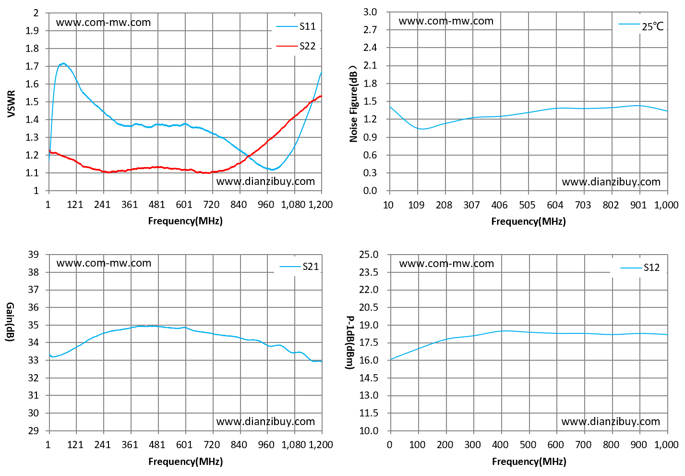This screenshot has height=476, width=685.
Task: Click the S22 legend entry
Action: coord(296,46)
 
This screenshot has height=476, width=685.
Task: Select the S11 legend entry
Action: coord(296,26)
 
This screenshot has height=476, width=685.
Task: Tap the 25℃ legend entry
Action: coord(641,26)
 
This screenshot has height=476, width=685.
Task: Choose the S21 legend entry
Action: coord(299,267)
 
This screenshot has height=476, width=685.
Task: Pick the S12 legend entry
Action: coord(640,268)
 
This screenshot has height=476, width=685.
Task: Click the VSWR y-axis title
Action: coord(11,103)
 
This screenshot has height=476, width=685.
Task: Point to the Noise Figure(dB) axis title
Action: coord(353,104)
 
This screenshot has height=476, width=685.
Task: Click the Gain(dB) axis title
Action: coord(11,322)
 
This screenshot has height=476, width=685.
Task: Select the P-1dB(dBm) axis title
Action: coord(350,342)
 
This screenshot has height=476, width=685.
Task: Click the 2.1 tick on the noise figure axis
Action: coord(370,65)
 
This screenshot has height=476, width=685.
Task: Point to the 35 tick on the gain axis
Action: coord(33,325)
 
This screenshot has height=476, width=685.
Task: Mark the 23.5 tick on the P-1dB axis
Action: coord(369,272)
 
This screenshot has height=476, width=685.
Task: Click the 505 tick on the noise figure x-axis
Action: coord(527,205)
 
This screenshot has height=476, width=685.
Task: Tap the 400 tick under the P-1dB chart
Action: coord(500,444)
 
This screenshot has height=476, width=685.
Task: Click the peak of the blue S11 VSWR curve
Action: coord(63,63)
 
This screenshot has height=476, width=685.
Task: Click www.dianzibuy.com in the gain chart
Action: coord(265,422)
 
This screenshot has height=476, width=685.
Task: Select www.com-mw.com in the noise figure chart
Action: coord(446,21)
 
